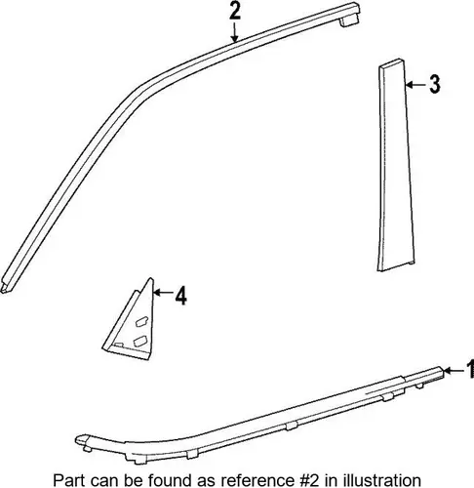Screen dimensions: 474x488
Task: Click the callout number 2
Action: pos(235,10)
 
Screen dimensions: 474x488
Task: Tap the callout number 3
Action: pos(434,84)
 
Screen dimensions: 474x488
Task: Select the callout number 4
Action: pos(181,296)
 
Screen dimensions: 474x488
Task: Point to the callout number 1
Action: pos(470,369)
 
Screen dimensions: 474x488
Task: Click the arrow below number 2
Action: pos(235,32)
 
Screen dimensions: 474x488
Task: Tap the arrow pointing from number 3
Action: pos(416,85)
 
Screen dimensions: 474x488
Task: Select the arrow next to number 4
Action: pos(163,293)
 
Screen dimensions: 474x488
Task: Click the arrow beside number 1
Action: pos(454,370)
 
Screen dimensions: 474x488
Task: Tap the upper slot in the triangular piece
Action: pos(141,322)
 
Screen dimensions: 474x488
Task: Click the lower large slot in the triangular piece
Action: pos(140,341)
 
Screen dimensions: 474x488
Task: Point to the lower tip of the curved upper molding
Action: pos(4,290)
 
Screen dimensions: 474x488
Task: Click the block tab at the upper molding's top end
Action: pos(350,21)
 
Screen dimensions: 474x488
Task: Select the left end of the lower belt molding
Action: pos(77,440)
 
